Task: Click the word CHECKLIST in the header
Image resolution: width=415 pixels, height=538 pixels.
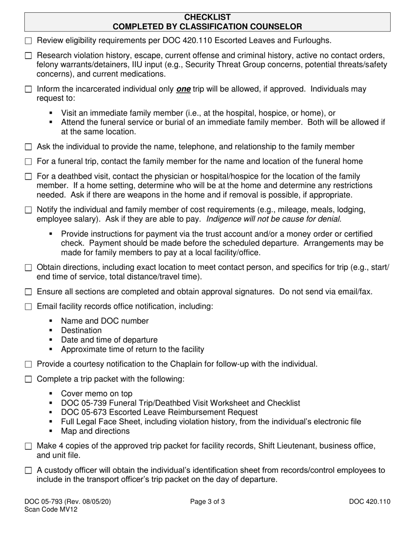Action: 207,17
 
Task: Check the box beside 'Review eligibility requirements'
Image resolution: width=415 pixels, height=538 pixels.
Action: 29,41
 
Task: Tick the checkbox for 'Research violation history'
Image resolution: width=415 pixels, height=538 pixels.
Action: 29,56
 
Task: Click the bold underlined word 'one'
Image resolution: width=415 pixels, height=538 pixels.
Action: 183,89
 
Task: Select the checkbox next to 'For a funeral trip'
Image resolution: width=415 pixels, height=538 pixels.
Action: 29,162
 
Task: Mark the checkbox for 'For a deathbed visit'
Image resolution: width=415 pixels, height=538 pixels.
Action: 29,177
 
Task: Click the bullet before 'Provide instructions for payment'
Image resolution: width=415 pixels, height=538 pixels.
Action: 52,234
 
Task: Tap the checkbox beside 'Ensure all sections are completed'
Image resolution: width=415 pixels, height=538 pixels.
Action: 29,292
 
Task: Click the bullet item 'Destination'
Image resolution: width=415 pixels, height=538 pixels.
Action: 81,330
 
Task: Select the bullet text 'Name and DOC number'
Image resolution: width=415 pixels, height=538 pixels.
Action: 105,321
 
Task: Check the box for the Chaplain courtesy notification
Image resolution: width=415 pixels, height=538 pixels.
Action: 29,364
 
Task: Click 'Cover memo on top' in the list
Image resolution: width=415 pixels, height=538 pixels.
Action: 97,394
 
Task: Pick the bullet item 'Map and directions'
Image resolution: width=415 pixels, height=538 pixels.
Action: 95,431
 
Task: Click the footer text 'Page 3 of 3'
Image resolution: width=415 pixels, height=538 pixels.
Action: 207,502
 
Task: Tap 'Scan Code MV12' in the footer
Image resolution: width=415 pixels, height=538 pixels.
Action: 51,510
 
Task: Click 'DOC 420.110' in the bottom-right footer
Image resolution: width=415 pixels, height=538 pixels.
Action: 370,502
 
